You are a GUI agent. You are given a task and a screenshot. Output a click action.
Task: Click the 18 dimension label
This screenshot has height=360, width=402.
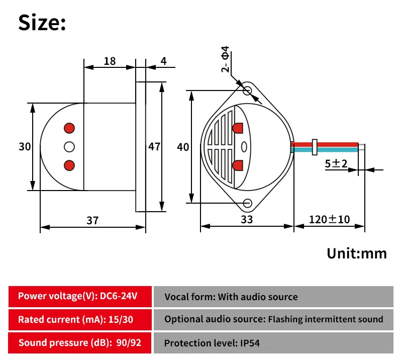(110, 61)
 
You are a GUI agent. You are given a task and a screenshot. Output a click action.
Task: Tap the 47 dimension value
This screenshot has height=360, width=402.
(154, 146)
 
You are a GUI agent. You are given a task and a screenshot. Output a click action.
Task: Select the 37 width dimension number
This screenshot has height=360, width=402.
(92, 220)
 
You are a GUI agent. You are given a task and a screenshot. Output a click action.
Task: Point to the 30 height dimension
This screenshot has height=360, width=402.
(25, 146)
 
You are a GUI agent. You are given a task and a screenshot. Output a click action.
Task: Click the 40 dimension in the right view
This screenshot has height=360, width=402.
(183, 147)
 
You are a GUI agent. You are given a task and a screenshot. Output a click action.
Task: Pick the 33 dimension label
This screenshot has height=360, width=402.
(247, 219)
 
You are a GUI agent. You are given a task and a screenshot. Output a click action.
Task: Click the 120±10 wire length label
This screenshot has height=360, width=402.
(329, 219)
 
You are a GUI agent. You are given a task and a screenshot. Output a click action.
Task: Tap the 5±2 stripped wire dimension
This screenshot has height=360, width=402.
(336, 163)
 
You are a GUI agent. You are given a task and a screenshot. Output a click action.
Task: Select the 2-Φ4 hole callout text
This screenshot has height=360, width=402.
(225, 59)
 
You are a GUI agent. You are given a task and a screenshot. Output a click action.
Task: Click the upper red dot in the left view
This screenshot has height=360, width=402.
(69, 128)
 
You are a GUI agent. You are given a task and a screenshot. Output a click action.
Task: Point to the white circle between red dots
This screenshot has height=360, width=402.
(69, 147)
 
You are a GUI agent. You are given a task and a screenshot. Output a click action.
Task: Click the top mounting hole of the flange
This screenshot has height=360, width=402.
(247, 91)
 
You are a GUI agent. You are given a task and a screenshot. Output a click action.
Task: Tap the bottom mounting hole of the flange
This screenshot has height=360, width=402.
(247, 203)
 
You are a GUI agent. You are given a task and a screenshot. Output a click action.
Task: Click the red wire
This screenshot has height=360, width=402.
(325, 144)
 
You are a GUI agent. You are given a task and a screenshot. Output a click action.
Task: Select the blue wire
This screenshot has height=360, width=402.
(325, 150)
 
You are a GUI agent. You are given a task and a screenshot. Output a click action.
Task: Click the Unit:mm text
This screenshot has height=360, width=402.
(357, 253)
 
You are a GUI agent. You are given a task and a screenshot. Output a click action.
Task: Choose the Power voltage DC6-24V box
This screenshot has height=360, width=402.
(80, 296)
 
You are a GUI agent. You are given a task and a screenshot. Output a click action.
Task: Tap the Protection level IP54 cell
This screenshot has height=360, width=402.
(273, 343)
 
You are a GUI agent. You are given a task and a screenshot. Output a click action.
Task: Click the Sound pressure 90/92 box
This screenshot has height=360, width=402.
(80, 343)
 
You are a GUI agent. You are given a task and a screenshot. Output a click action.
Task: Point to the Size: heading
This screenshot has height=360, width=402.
(42, 23)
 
